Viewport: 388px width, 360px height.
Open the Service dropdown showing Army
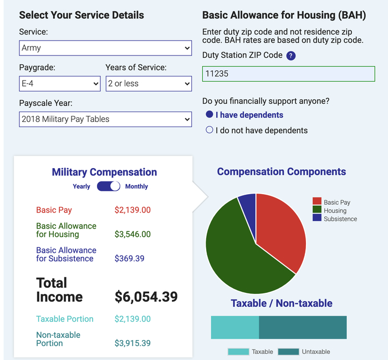tap(105, 48)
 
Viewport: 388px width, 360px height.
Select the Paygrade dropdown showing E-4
tap(59, 84)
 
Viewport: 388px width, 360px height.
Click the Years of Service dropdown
tap(149, 84)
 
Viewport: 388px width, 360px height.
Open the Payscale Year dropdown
tap(105, 119)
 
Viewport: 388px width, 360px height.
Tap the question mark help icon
tap(291, 55)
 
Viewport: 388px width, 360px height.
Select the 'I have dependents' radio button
tap(210, 115)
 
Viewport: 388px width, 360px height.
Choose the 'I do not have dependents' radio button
tap(210, 130)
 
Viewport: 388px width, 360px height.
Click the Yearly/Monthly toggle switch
tap(109, 186)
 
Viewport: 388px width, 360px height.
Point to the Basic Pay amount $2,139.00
tap(132, 210)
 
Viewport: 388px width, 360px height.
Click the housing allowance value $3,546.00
tap(132, 234)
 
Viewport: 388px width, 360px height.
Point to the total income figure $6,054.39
tap(146, 297)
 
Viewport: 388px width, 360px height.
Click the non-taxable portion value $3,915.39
tap(132, 343)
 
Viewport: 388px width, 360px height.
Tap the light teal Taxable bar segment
tap(234, 327)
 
